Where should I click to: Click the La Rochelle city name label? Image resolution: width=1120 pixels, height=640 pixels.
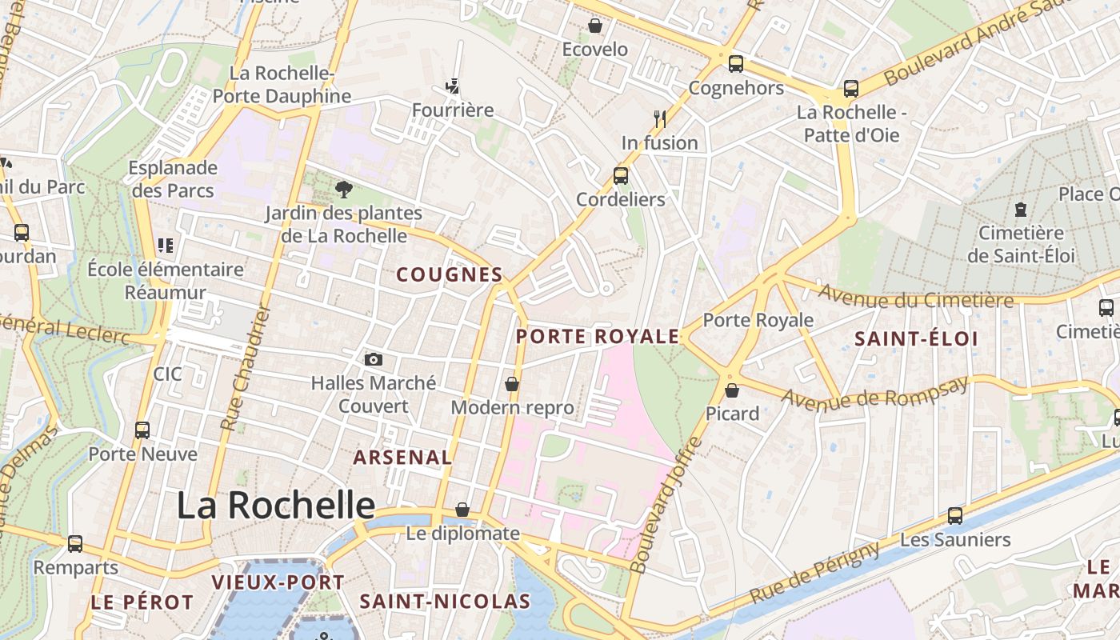275,506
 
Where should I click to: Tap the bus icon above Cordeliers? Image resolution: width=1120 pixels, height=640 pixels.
620,175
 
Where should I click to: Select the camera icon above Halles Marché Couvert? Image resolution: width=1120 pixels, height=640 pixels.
373,359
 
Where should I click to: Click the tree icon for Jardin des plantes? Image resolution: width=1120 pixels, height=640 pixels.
344,190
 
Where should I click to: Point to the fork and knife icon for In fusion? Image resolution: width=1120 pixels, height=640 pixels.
660,118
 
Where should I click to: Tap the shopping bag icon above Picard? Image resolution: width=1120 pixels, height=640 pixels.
732,390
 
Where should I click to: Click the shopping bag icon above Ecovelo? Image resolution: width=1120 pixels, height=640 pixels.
595,26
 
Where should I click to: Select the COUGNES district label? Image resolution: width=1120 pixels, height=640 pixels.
450,275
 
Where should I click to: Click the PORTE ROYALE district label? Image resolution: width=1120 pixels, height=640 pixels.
598,337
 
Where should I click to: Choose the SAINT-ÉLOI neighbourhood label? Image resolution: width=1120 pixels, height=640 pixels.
916,339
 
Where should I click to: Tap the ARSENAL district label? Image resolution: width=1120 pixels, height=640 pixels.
402,458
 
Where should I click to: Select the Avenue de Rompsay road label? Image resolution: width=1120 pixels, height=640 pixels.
874,392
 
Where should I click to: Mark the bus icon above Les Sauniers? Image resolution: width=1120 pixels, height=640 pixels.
954,516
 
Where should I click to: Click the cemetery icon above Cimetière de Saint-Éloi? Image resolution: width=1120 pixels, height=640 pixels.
1021,210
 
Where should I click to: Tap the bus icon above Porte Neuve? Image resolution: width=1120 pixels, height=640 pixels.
142,430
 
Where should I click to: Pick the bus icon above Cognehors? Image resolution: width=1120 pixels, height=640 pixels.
735,64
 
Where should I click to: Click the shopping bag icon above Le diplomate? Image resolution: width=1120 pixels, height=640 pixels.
462,510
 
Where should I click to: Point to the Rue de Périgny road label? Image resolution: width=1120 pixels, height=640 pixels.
815,573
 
